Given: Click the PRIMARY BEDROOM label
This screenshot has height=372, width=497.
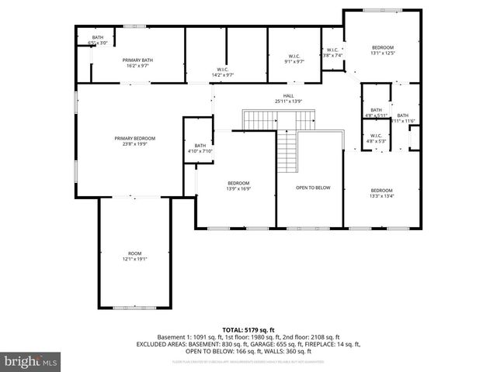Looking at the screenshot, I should (134, 138).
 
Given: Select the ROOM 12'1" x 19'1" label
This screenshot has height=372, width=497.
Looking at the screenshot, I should (134, 256).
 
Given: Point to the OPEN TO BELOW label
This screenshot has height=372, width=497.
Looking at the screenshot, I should (313, 188).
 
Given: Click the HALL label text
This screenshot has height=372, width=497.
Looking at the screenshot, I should (288, 96).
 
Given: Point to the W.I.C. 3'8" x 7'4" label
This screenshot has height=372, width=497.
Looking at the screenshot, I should (332, 53).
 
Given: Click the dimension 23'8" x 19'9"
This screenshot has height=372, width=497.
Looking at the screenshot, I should (134, 143).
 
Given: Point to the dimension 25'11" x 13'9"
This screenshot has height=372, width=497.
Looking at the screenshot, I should (288, 102).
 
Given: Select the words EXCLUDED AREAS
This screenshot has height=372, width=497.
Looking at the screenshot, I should (181, 343).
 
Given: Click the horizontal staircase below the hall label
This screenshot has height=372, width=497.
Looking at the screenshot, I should (280, 120).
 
